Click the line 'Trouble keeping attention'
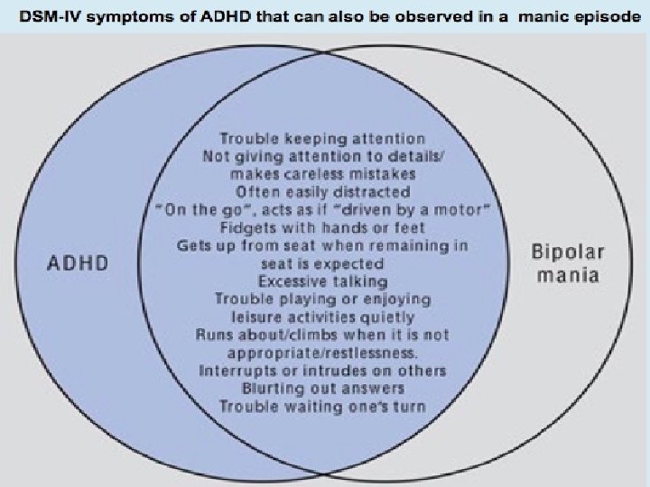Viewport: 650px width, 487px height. (322, 139)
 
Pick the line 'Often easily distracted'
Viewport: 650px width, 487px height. (322, 192)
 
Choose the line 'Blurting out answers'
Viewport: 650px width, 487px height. (323, 389)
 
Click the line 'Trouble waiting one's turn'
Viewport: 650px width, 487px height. (322, 407)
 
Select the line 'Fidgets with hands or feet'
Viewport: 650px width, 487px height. (323, 228)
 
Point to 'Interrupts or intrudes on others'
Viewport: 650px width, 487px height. (322, 371)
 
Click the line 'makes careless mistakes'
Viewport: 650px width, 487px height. (322, 174)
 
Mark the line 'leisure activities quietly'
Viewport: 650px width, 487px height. (322, 317)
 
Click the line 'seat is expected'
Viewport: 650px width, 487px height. (322, 264)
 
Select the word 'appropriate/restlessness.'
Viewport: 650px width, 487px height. (322, 354)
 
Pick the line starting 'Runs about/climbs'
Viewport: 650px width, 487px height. (322, 335)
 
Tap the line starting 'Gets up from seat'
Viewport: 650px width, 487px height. (322, 245)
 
